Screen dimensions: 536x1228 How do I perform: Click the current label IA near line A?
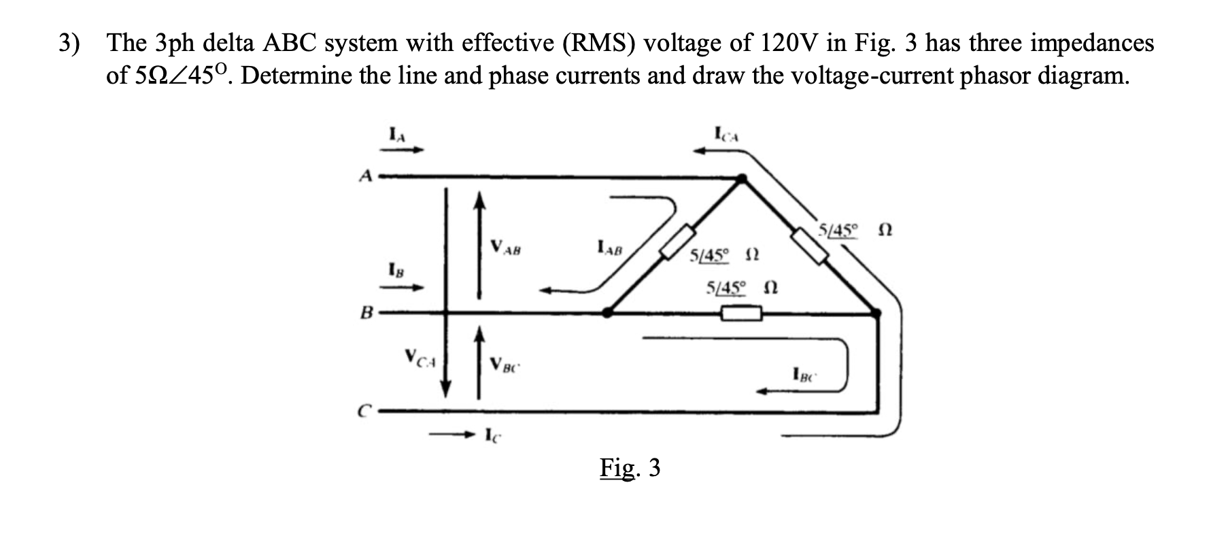point(397,135)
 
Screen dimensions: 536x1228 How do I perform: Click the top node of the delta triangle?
point(743,179)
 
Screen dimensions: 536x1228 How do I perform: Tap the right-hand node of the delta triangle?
point(876,313)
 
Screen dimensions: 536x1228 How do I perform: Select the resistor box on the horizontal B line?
point(741,314)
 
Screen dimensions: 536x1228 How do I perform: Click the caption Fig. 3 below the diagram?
point(630,467)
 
